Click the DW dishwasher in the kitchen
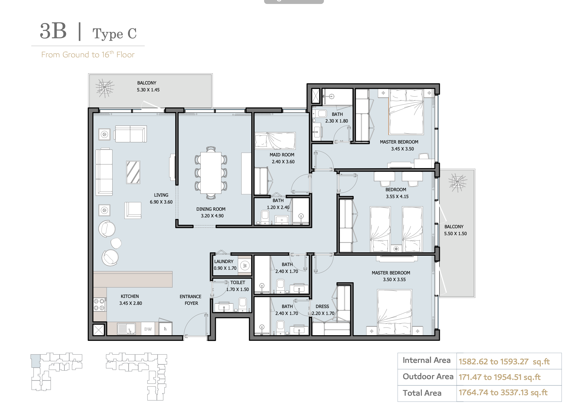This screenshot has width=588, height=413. point(148,329)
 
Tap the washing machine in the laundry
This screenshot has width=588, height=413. point(245,266)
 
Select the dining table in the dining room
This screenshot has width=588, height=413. point(211,173)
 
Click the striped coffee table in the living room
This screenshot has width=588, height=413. point(133,172)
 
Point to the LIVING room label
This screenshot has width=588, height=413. point(161,195)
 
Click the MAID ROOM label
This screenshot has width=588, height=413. point(282,155)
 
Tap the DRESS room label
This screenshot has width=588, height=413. point(322,306)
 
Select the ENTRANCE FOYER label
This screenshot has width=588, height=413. point(191,300)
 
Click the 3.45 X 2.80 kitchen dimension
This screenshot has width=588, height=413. point(131,303)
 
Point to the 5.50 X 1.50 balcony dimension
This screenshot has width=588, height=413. point(455,234)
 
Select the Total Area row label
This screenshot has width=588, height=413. point(422,393)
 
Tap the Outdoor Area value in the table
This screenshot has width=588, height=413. point(499,377)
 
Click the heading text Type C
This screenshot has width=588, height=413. point(114,34)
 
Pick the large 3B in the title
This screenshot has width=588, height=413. point(53,31)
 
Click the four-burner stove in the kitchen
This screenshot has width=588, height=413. point(99,305)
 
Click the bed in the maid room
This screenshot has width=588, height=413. point(275,141)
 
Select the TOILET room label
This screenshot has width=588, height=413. point(238,283)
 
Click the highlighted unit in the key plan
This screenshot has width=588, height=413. point(36,361)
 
